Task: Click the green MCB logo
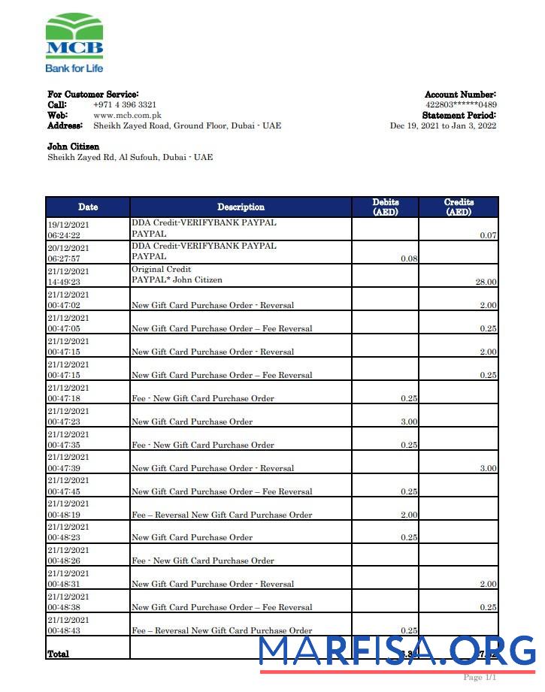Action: pos(74,35)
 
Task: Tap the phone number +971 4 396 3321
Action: pos(125,105)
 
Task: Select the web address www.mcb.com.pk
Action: pos(127,116)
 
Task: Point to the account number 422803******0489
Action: pos(461,105)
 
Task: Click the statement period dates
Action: pos(443,126)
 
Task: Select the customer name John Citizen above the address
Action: pos(74,147)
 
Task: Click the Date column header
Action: pos(88,207)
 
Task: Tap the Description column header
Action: pos(241,207)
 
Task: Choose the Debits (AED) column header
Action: pos(386,207)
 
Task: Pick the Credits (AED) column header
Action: pos(459,207)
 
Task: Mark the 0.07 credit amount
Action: pos(489,235)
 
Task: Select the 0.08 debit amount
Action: pos(410,258)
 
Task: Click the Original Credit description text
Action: pos(162,269)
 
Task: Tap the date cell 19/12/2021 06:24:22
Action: pos(68,229)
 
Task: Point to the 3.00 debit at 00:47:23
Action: pos(410,422)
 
